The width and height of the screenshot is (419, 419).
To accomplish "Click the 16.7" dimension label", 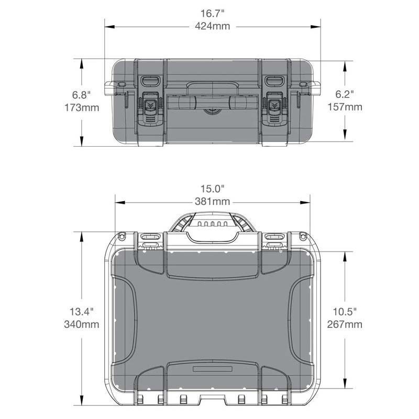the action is point(212,14).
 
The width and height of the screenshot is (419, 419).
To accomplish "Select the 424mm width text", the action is point(212,26).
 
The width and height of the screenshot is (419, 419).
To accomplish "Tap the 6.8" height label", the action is point(82,95).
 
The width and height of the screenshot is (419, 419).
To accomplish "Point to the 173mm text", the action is point(82,108).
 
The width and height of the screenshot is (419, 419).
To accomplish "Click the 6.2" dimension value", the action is point(345,94).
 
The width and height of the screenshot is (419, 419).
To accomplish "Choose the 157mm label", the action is point(345,107).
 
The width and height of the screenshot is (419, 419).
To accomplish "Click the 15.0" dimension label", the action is point(212,189).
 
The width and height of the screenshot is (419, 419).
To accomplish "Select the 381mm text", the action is point(212,202).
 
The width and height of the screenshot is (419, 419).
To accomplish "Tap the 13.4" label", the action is point(82,312).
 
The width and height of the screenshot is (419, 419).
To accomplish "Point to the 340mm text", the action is point(82,324).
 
